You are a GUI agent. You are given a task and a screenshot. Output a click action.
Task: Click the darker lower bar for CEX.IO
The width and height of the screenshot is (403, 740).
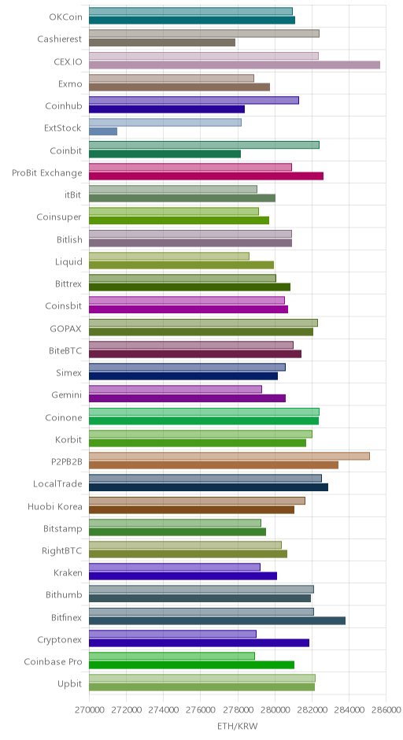[235, 65]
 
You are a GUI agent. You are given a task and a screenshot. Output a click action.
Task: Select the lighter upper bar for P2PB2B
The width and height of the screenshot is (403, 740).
[229, 457]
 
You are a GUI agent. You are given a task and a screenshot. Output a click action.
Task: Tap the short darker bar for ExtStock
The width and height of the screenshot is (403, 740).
[103, 131]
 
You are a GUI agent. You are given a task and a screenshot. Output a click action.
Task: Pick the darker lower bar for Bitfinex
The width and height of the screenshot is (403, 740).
[217, 621]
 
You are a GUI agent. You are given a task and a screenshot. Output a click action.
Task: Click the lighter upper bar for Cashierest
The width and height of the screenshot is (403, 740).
[205, 34]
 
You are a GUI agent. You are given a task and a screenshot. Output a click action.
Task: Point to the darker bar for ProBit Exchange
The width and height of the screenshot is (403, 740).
[206, 176]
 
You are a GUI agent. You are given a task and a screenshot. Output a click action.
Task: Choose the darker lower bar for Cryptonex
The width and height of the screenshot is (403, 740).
[199, 643]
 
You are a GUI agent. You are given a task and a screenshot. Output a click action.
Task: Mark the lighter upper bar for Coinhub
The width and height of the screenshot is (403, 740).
[194, 101]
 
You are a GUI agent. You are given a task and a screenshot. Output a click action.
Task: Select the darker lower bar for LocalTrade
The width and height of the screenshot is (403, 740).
[209, 487]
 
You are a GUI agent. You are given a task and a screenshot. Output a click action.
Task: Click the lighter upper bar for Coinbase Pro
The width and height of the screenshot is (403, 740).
[172, 656]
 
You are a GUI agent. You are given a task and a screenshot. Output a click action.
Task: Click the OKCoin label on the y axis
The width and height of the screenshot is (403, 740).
[65, 17]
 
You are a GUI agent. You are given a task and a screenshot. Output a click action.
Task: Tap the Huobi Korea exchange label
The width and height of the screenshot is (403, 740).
[55, 507]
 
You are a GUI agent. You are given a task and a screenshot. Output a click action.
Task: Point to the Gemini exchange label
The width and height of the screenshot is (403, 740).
[67, 395]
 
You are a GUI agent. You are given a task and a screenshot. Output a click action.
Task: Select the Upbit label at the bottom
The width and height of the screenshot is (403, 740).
[70, 684]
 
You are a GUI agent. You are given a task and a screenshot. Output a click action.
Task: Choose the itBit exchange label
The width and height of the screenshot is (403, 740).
[73, 195]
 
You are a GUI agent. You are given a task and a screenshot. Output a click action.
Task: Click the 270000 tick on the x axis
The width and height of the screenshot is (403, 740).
[89, 710]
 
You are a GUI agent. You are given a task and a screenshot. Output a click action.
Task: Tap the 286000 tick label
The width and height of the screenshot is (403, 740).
[386, 710]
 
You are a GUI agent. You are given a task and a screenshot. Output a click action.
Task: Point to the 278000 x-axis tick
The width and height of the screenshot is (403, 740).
[238, 710]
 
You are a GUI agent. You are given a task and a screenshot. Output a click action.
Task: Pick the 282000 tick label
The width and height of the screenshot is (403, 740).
[312, 710]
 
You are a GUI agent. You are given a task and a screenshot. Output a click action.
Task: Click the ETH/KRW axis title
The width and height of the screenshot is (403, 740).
[238, 726]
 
